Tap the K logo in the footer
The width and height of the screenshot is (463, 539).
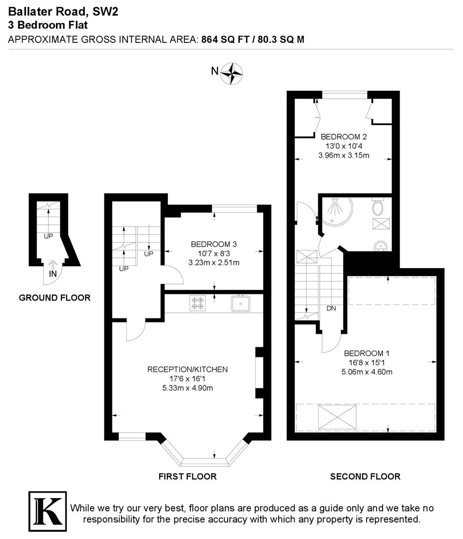pos(47,511)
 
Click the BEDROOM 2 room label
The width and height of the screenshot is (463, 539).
pos(344,137)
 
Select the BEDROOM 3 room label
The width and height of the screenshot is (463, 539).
pos(214,244)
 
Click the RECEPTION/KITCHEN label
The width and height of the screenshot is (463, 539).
pos(187,369)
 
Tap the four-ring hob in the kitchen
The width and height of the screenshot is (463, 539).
pos(196,303)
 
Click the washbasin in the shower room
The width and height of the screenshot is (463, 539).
pos(381,245)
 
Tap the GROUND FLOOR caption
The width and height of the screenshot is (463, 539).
pos(54,298)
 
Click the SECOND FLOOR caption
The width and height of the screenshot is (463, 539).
pos(365,477)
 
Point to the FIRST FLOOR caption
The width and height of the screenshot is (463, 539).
pos(187,477)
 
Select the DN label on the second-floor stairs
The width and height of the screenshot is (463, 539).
pos(331,308)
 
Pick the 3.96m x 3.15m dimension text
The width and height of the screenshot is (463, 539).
pos(344,155)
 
